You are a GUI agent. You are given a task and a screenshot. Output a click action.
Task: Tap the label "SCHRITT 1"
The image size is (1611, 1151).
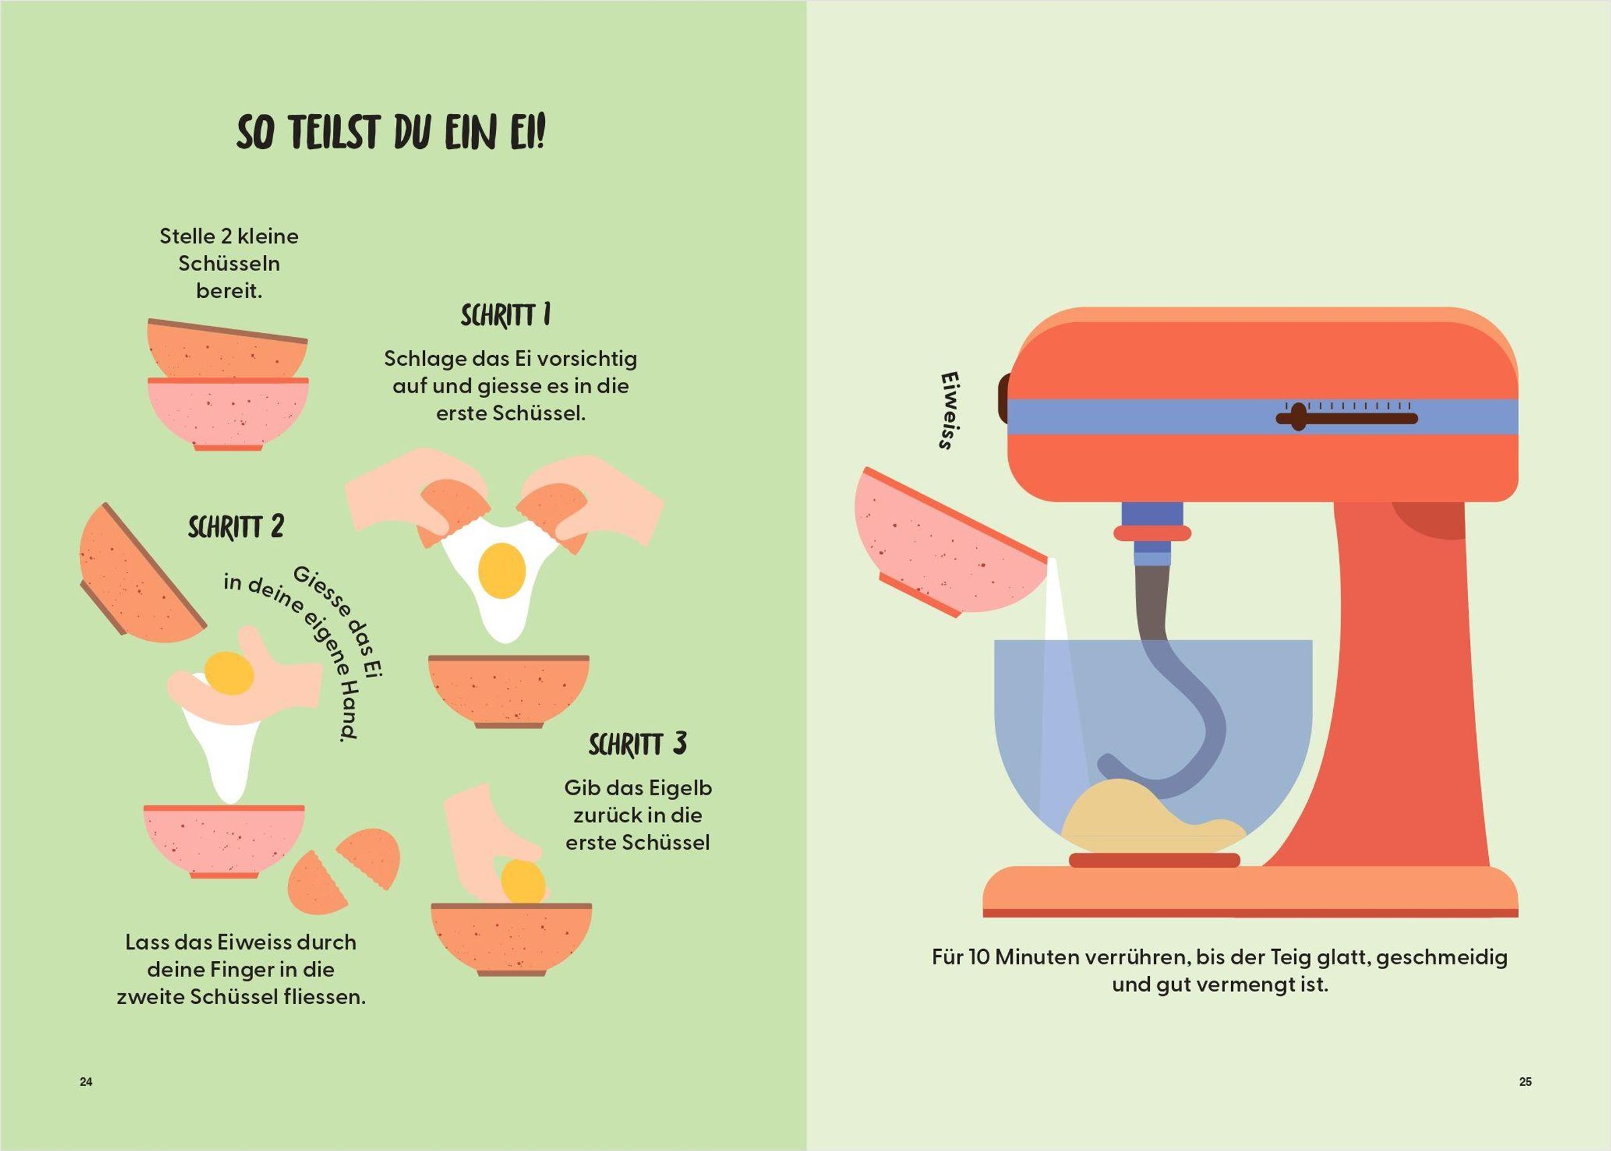coord(505,315)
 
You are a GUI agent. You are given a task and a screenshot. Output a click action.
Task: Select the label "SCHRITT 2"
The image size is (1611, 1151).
coord(236,527)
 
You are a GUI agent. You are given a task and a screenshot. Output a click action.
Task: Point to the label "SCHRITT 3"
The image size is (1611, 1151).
coord(638,744)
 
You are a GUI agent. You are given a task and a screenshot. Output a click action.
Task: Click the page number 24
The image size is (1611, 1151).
coord(86,1082)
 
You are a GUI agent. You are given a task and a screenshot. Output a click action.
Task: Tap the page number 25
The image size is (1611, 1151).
coord(1525,1082)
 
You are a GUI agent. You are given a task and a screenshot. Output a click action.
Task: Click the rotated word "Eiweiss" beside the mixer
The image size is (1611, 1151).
coord(947,410)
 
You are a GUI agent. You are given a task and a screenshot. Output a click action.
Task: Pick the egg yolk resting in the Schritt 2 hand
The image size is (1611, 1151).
coord(228,673)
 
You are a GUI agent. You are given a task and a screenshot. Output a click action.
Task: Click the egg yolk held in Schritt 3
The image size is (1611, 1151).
coord(523,883)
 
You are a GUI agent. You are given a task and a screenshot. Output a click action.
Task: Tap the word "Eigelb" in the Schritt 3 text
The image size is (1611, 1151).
coord(679,788)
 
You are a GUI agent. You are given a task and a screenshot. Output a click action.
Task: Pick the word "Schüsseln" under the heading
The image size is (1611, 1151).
coord(229,264)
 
